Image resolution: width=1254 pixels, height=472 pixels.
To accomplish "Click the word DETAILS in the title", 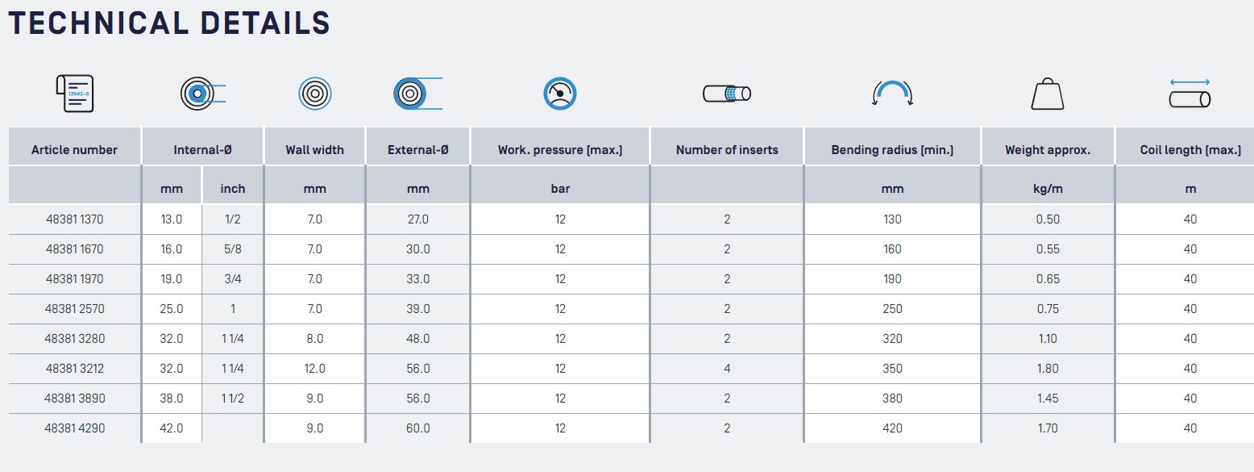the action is (x=265, y=23).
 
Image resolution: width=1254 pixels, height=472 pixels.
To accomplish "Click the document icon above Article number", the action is (x=74, y=94).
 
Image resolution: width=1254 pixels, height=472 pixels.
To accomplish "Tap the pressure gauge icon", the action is (x=560, y=93).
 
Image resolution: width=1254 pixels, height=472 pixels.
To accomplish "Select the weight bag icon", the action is (x=1048, y=94).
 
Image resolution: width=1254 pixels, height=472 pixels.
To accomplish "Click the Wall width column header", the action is (x=314, y=150).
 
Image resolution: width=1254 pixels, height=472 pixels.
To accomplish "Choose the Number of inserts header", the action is (x=727, y=150).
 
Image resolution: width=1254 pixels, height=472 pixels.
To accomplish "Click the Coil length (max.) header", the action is (x=1190, y=150).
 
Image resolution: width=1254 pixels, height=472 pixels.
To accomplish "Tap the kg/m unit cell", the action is (x=1048, y=189).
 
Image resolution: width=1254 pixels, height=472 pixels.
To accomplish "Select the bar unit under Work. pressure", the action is (x=560, y=189).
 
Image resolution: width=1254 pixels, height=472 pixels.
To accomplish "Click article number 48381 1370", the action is (x=74, y=219).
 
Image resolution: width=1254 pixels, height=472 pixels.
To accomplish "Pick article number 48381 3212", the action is (x=74, y=368).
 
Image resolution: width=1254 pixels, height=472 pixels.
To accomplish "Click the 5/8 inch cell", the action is (x=232, y=249).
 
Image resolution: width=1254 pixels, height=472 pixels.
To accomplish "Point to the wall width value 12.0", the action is (x=314, y=368).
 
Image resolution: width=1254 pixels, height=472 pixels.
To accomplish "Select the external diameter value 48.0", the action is (x=417, y=339).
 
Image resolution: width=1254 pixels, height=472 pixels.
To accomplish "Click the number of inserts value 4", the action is (x=727, y=368).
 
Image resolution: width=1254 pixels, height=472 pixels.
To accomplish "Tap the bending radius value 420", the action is (x=892, y=428).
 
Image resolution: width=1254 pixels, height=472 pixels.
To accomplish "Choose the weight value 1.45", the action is (x=1048, y=399).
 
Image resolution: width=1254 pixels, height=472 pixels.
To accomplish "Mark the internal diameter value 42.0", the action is (x=172, y=428).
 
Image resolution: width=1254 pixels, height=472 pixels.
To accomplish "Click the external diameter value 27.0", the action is (x=417, y=219).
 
